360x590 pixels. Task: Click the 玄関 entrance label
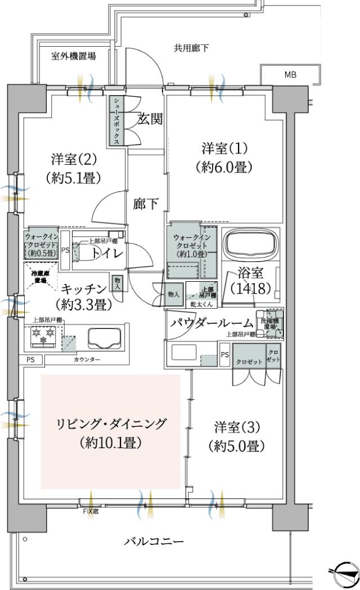point(150,119)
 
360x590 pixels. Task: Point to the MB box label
point(291,74)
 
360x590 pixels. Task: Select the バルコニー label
point(154,542)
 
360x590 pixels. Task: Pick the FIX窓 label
point(91,511)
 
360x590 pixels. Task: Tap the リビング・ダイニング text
point(112,423)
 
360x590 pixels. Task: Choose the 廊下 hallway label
point(146,204)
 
